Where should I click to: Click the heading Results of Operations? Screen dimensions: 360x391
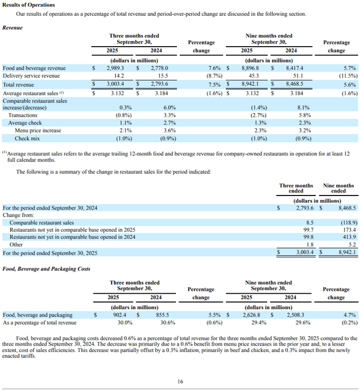[x=29, y=5]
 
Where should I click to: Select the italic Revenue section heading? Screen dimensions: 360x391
[x=12, y=28]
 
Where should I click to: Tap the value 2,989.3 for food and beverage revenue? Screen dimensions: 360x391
[x=115, y=68]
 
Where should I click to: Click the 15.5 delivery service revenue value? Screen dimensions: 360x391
[x=163, y=76]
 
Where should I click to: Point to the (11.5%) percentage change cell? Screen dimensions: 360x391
[x=348, y=76]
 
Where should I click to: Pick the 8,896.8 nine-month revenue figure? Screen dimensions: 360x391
[x=250, y=68]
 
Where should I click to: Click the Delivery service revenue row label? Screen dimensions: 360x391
[x=31, y=76]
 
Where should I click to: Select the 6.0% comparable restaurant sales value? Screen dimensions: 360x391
[x=169, y=108]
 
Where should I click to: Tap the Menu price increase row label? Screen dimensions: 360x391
[x=38, y=131]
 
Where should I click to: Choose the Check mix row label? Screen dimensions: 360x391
[x=27, y=138]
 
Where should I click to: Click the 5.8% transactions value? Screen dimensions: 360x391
[x=305, y=116]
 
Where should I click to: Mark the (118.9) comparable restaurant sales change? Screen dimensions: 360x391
[x=349, y=223]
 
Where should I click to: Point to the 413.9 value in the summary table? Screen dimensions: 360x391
[x=349, y=237]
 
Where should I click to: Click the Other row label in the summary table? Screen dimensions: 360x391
[x=16, y=244]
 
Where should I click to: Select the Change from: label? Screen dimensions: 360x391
[x=18, y=215]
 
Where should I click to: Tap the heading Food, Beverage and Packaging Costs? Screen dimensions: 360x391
[x=46, y=269]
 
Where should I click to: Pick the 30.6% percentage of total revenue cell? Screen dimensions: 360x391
[x=168, y=323]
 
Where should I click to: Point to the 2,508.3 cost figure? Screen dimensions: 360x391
[x=295, y=315]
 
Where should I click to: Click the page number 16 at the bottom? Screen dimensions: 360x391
[x=180, y=382]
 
